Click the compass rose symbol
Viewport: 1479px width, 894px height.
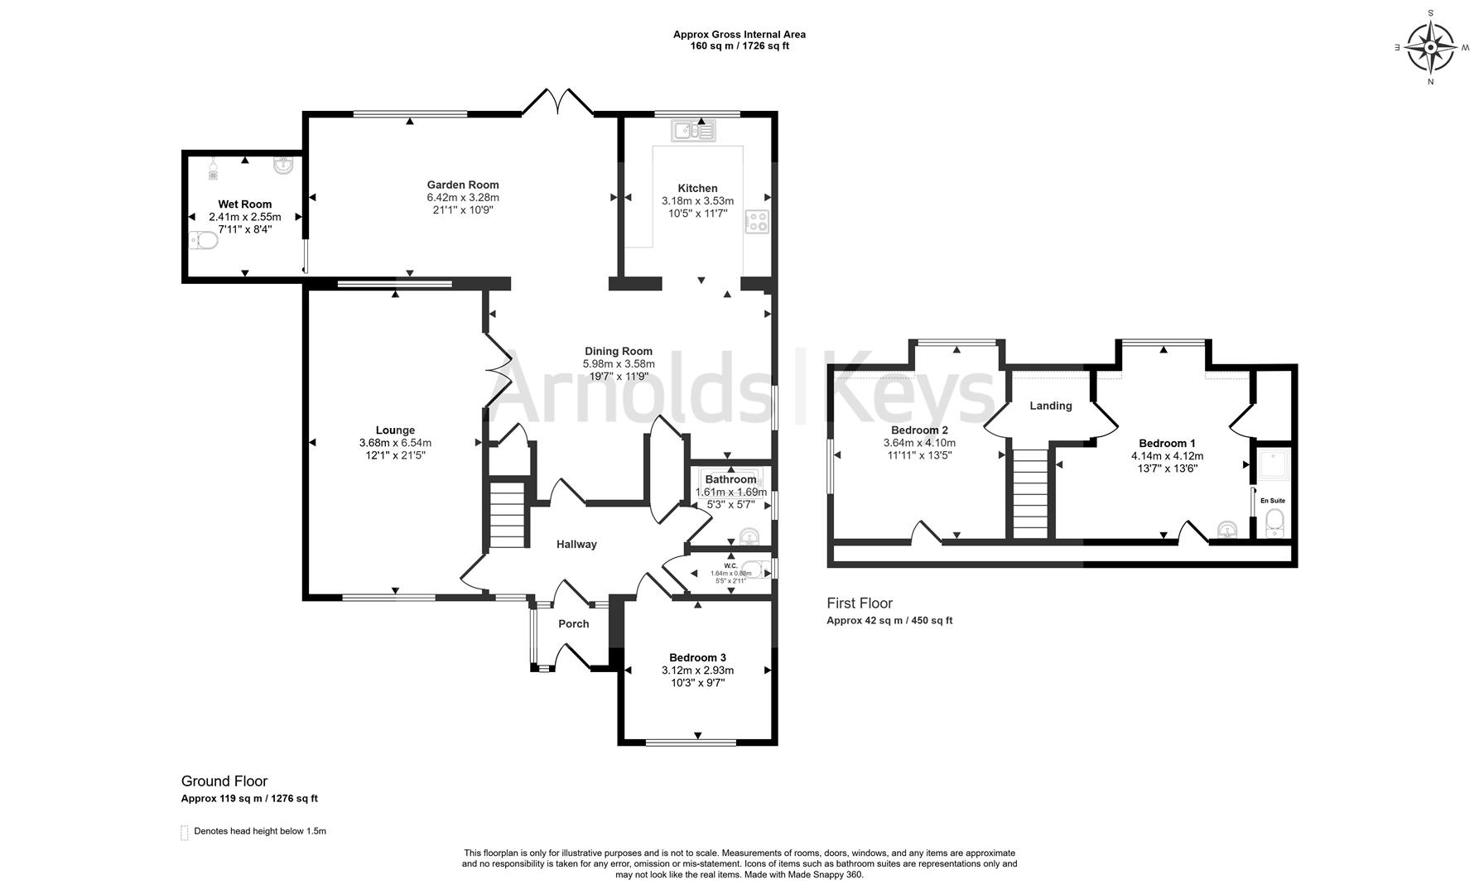pos(1431,47)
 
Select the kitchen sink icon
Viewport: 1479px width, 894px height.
pos(694,130)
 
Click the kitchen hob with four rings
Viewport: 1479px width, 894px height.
pos(757,222)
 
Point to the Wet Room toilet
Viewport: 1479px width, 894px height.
pos(203,241)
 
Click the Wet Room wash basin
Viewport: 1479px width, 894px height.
pos(283,166)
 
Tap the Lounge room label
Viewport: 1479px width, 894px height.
pos(395,430)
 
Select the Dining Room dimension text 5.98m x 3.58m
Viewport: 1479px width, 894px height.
pos(619,363)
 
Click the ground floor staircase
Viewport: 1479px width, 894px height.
pos(508,515)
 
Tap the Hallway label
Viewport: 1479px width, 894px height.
pos(576,544)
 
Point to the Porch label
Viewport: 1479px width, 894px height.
pos(573,624)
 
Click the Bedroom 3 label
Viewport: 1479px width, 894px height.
pos(697,657)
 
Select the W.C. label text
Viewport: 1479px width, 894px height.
pos(730,565)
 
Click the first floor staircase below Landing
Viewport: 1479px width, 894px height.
pos(1031,493)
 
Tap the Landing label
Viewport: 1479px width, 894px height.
pos(1051,406)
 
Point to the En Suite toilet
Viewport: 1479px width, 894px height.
pos(1275,522)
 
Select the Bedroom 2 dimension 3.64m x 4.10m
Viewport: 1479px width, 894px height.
pos(919,443)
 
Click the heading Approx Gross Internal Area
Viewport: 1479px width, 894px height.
pos(739,35)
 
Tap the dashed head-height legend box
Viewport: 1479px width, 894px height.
pos(185,832)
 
